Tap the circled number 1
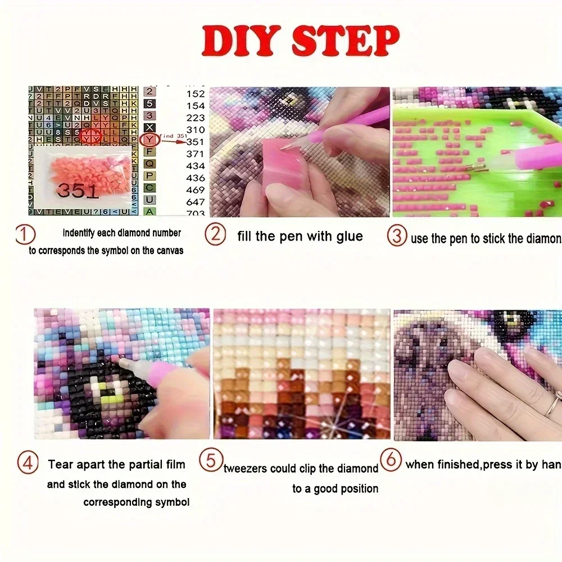click(x=25, y=234)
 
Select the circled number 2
click(x=214, y=234)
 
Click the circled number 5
click(x=211, y=461)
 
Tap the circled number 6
click(x=391, y=460)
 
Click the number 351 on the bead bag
click(x=79, y=191)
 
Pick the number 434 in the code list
click(x=196, y=166)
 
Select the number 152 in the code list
click(x=196, y=94)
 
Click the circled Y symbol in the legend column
click(x=149, y=139)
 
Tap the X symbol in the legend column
click(x=149, y=128)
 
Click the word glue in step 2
click(x=347, y=236)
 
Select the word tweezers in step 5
click(x=248, y=469)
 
